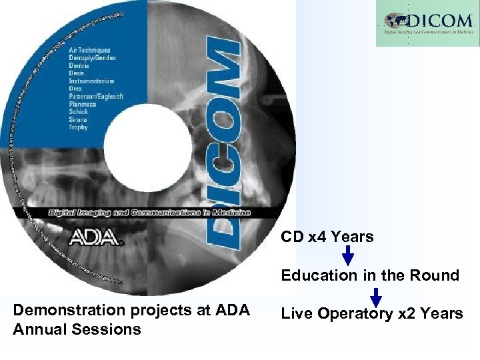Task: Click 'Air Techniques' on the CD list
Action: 90,50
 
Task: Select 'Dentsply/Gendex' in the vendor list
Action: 93,58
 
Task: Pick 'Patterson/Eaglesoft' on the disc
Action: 96,96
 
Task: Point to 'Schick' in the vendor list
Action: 79,111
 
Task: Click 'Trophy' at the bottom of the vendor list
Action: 79,127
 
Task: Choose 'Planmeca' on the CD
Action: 83,104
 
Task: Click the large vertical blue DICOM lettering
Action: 221,143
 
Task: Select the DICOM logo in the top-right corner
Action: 427,23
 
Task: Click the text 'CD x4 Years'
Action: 327,237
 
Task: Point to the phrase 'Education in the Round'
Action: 370,275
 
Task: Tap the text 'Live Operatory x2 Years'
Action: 372,314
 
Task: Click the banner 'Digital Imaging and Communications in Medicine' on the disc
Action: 149,212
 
